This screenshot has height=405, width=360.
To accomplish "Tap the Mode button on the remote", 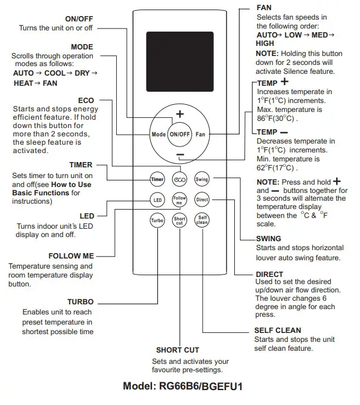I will [x=158, y=135].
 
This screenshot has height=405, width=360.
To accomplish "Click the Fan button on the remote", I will [x=200, y=135].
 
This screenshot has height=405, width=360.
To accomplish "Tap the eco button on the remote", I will [x=179, y=179].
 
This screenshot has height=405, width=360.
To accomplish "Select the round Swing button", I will [x=201, y=179].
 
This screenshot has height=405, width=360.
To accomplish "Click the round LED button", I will [x=157, y=200].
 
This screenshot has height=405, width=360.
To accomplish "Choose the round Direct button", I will [x=202, y=200].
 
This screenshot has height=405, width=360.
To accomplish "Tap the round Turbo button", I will [x=157, y=220].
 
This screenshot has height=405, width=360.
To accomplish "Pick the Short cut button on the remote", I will [x=179, y=220].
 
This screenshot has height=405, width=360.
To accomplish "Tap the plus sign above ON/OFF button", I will [x=179, y=114].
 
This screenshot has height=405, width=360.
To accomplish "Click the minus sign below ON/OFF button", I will [x=179, y=155].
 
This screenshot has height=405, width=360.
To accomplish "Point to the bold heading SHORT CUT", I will [x=178, y=350].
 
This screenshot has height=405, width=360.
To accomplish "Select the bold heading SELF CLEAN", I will [x=278, y=330].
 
